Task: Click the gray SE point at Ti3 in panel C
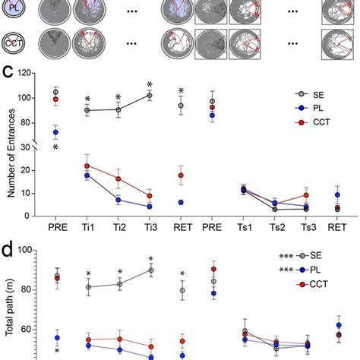(x=150, y=95)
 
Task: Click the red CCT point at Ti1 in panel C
(x=87, y=166)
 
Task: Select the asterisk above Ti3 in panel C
(x=150, y=84)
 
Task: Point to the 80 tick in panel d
(x=28, y=289)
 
